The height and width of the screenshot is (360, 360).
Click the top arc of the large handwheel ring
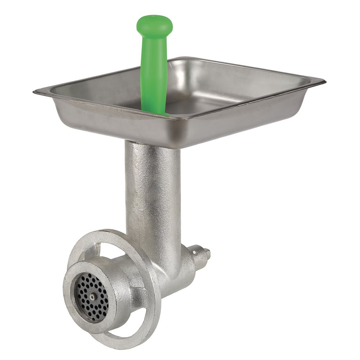108,234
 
